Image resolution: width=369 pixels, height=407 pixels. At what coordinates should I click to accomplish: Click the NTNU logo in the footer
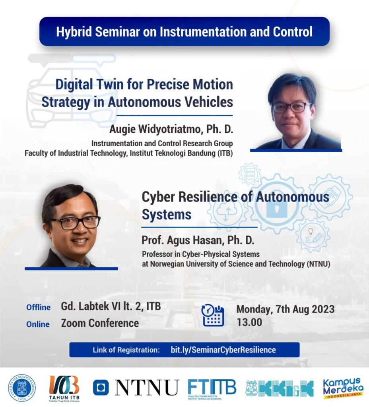136,387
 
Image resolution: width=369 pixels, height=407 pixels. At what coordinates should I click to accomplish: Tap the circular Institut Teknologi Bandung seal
21,388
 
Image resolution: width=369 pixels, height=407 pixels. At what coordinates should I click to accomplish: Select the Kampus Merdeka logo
343,388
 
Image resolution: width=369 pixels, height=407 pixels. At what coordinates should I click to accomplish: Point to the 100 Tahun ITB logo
64,388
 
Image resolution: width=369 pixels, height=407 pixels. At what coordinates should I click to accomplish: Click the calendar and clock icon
213,315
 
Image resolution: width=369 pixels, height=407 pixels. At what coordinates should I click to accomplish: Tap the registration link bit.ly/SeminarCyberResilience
223,350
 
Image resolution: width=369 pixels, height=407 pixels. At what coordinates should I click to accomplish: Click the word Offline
39,307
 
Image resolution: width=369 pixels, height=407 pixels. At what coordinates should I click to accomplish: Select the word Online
38,324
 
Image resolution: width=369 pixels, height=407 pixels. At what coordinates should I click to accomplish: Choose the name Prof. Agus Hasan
183,240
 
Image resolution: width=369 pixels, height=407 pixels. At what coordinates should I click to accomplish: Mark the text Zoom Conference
100,323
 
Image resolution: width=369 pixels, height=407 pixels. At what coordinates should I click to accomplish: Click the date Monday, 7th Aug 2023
285,309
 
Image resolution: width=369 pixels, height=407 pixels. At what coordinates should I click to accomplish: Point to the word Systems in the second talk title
167,215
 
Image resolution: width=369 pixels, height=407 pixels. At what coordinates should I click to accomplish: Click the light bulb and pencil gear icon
313,235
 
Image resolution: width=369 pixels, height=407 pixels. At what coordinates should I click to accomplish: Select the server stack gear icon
250,174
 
